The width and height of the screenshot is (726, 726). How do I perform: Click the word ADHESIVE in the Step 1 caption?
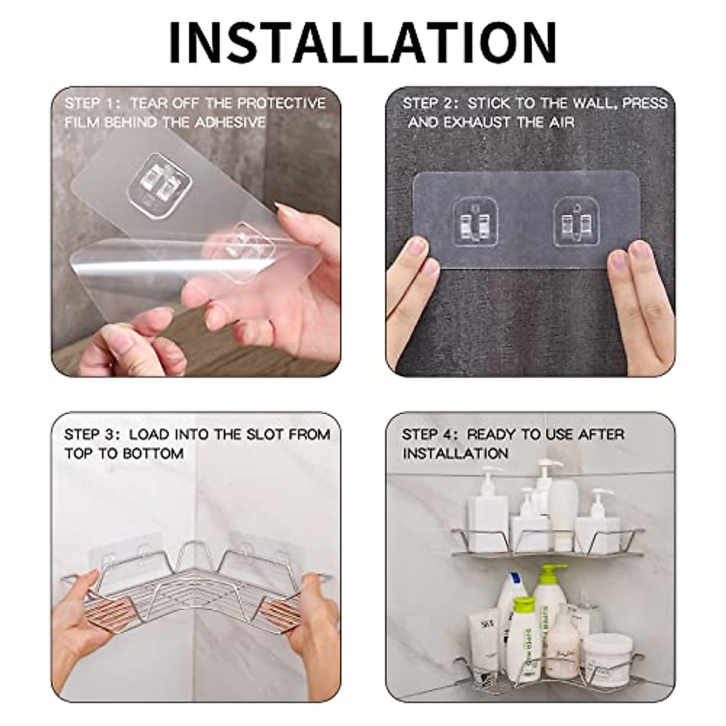(231, 122)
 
